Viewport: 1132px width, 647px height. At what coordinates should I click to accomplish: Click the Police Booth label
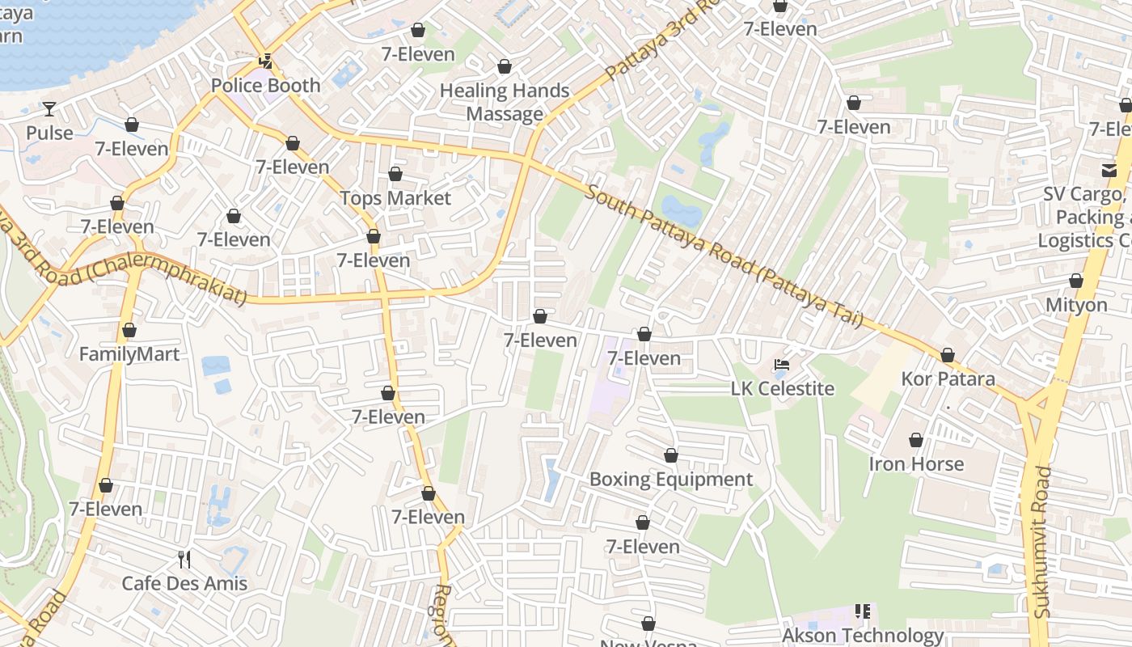point(265,86)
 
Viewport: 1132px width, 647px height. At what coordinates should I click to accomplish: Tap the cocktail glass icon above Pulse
point(49,108)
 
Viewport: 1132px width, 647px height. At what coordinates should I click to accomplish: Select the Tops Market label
point(395,198)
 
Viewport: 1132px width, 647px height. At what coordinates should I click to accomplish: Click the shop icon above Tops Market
point(395,174)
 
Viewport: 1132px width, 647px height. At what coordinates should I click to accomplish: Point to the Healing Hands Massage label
point(505,102)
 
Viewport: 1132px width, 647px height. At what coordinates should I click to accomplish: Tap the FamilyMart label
point(129,354)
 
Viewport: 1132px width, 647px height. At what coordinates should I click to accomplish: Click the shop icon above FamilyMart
point(129,330)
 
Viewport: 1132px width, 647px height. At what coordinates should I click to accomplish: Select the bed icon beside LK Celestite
point(782,365)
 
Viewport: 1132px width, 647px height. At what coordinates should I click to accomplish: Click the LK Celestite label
point(782,389)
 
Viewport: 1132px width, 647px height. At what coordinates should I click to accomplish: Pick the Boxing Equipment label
point(671,480)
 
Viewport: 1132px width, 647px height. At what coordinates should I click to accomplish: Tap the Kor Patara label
point(948,379)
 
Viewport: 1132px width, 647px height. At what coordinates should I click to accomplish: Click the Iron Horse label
point(916,464)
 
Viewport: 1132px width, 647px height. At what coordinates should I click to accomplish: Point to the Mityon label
point(1076,305)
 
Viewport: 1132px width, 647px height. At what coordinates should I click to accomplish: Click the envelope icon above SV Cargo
point(1109,170)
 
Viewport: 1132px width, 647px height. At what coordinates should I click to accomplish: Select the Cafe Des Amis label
point(184,583)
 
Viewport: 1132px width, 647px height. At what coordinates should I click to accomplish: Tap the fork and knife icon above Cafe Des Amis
point(184,559)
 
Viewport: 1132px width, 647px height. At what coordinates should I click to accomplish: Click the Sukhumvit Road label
point(1044,542)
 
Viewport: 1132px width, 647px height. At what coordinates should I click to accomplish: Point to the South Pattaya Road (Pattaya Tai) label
point(724,257)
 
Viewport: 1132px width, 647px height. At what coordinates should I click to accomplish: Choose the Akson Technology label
point(863,636)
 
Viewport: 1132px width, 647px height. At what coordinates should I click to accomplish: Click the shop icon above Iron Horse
point(916,440)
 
